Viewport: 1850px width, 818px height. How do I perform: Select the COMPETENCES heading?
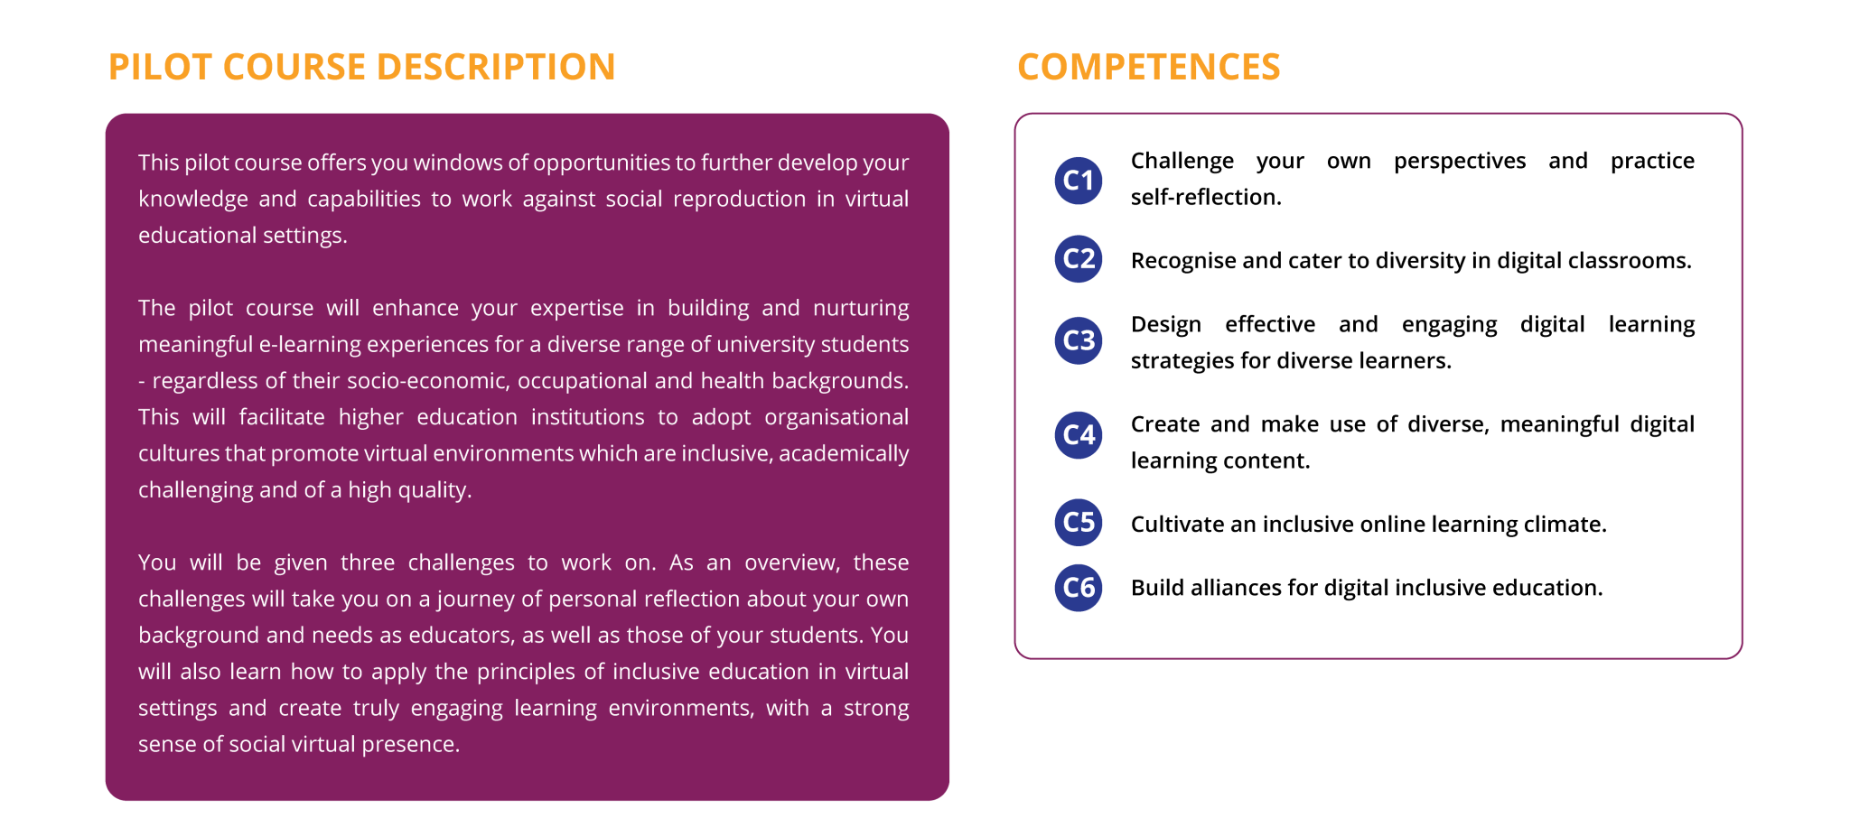tap(1148, 67)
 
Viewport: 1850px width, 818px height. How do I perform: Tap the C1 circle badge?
tap(1079, 181)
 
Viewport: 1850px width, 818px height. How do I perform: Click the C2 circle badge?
tap(1079, 259)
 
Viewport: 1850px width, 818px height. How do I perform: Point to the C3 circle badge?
tap(1079, 340)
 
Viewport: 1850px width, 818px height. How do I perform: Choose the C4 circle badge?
tap(1079, 435)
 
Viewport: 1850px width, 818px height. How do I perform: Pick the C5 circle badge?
tap(1079, 523)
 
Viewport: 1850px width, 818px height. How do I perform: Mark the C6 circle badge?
tap(1079, 588)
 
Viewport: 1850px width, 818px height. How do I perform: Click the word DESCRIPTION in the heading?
tap(495, 67)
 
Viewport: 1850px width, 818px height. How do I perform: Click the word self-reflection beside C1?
tap(1206, 197)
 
